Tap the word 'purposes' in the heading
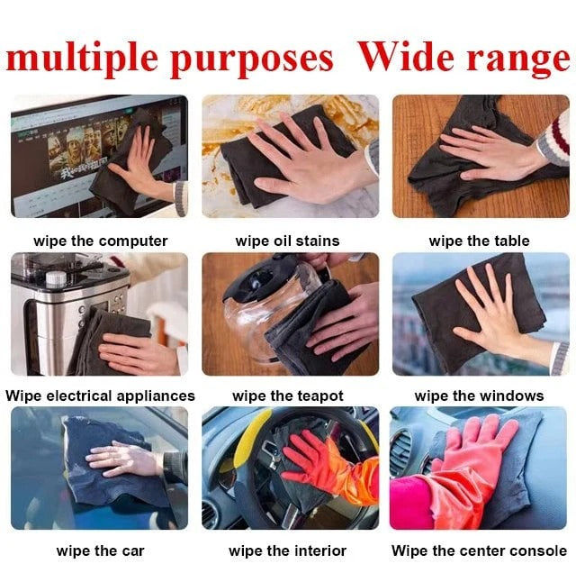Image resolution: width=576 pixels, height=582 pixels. coord(251,59)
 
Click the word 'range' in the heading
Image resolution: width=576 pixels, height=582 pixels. coord(520,59)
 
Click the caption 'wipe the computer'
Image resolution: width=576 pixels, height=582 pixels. coord(101,241)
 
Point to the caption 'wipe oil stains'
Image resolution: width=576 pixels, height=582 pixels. coord(287,241)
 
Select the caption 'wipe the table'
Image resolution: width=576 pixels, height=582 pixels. coord(479,241)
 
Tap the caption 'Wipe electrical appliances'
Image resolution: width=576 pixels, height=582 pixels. coord(100,396)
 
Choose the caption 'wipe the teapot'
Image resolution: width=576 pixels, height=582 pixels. coord(287,396)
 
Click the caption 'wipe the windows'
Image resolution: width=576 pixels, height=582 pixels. coord(479,396)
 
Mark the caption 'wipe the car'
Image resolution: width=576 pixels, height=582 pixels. coord(100,550)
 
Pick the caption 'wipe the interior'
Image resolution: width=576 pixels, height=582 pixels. coord(287,550)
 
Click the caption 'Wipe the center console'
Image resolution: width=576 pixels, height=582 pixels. coord(479,550)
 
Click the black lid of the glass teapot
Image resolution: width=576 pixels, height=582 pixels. coord(261,283)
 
